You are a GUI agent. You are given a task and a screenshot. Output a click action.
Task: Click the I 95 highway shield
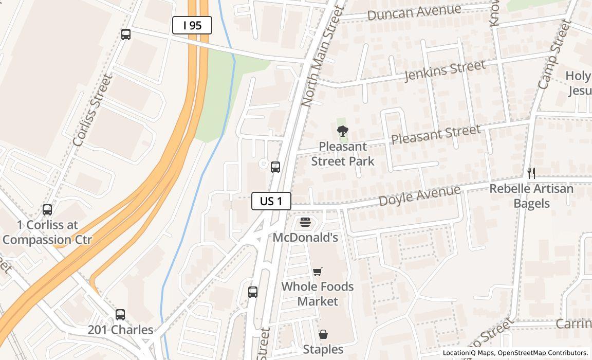point(192,25)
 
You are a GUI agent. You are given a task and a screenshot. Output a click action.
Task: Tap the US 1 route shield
point(271,201)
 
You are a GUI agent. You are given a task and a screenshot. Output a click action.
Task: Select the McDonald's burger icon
point(305,223)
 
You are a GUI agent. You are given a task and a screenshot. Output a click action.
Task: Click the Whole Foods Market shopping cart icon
point(318,272)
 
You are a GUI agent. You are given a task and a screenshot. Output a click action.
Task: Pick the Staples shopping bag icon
point(323,335)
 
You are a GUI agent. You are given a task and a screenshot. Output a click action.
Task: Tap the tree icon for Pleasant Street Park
point(342,132)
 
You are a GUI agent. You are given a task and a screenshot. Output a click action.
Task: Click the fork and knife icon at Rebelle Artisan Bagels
point(531,173)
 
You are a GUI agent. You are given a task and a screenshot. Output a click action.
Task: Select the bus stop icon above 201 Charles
point(120,315)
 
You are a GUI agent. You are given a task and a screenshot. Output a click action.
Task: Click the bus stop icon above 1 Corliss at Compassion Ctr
point(47,210)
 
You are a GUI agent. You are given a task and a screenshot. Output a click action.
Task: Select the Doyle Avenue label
point(419,195)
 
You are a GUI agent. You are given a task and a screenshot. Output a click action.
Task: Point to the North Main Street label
point(322,56)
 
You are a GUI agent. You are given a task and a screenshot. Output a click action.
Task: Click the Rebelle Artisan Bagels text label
point(531,196)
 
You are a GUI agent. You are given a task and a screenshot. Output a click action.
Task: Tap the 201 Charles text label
point(120,330)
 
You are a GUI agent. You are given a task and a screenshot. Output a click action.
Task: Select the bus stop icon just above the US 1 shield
point(275,167)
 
